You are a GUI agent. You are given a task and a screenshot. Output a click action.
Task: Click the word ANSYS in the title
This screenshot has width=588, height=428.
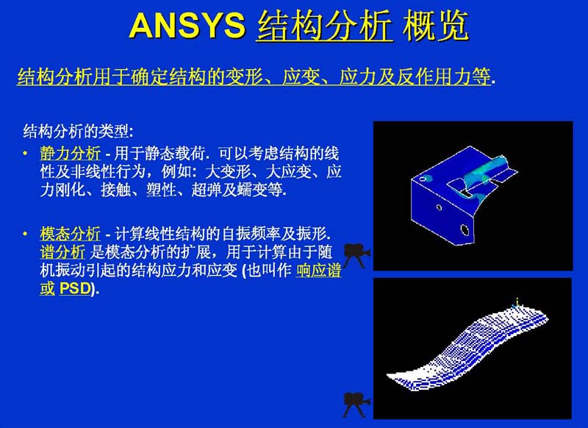pyautogui.click(x=187, y=26)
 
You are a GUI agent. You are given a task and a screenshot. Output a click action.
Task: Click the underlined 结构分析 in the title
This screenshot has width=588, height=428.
pyautogui.click(x=325, y=26)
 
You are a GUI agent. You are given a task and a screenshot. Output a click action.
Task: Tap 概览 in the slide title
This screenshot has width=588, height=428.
pyautogui.click(x=436, y=26)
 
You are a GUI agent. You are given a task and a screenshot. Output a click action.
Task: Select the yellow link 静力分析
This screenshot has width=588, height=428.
pyautogui.click(x=70, y=154)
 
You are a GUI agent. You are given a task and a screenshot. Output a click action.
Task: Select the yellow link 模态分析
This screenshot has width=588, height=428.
pyautogui.click(x=70, y=234)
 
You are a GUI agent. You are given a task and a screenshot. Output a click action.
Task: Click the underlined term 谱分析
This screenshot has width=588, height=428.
pyautogui.click(x=62, y=252)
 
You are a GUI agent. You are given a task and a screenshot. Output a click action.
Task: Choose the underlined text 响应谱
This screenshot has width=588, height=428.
pyautogui.click(x=319, y=270)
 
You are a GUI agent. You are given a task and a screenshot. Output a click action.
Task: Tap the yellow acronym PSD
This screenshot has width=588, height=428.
pyautogui.click(x=75, y=288)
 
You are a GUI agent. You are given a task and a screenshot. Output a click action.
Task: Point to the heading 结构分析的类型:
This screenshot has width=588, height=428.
pyautogui.click(x=79, y=132)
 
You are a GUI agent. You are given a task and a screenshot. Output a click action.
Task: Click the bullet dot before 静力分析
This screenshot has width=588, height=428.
pyautogui.click(x=25, y=153)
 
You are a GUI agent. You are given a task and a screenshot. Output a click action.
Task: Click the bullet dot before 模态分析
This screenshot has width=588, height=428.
pyautogui.click(x=25, y=234)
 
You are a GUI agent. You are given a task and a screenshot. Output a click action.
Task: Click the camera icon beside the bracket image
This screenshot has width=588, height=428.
pyautogui.click(x=356, y=255)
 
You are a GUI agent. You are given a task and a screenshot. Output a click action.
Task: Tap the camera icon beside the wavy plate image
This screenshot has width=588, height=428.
pyautogui.click(x=356, y=404)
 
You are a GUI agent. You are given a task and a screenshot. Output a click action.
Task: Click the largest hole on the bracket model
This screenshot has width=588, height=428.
pyautogui.click(x=465, y=230)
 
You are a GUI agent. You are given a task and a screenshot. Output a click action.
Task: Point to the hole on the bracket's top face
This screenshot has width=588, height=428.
pyautogui.click(x=423, y=179)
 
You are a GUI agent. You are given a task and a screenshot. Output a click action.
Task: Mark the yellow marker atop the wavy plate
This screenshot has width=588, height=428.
pyautogui.click(x=517, y=303)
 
